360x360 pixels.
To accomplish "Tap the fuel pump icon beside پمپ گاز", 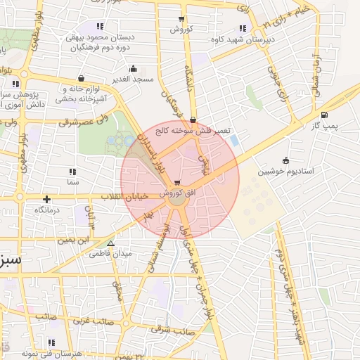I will [x=323, y=115].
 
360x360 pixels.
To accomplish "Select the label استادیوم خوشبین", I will [x=285, y=171].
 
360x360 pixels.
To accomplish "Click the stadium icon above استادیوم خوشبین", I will [x=285, y=160].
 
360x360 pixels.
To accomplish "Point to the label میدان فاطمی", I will [x=108, y=254].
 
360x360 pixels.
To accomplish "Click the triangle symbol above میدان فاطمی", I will [x=109, y=243].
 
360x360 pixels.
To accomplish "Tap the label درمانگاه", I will [x=47, y=210].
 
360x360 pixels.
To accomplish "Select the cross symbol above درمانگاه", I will [x=47, y=199].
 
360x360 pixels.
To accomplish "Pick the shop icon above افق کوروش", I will [x=175, y=181].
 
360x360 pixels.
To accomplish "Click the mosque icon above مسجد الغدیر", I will [x=134, y=69].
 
